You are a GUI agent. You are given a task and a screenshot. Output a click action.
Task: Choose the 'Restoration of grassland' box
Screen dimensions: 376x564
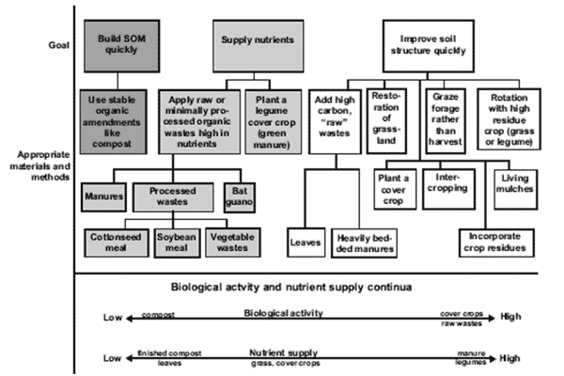click(x=390, y=120)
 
